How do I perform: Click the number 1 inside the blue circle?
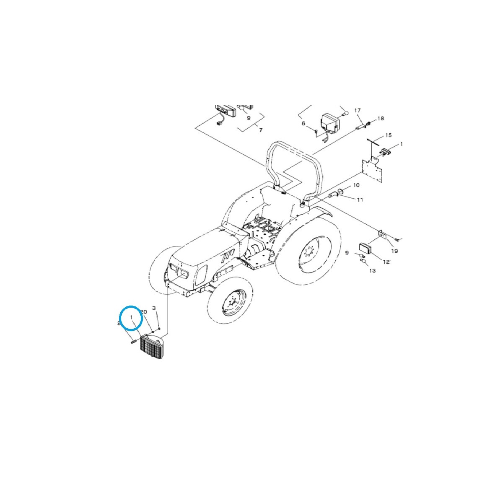coord(132,317)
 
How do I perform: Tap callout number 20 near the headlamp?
coord(143,312)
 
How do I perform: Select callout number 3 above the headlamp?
coord(154,308)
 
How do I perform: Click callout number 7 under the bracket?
coord(260,130)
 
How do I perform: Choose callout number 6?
coord(303,123)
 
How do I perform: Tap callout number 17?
coord(358,111)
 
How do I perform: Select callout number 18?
coord(380,119)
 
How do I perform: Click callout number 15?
coord(388,135)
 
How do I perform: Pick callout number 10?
coord(356,185)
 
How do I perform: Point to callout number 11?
coord(360,200)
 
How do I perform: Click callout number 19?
coord(394,251)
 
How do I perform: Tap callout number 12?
coord(386,262)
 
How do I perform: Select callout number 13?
coord(372,271)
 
